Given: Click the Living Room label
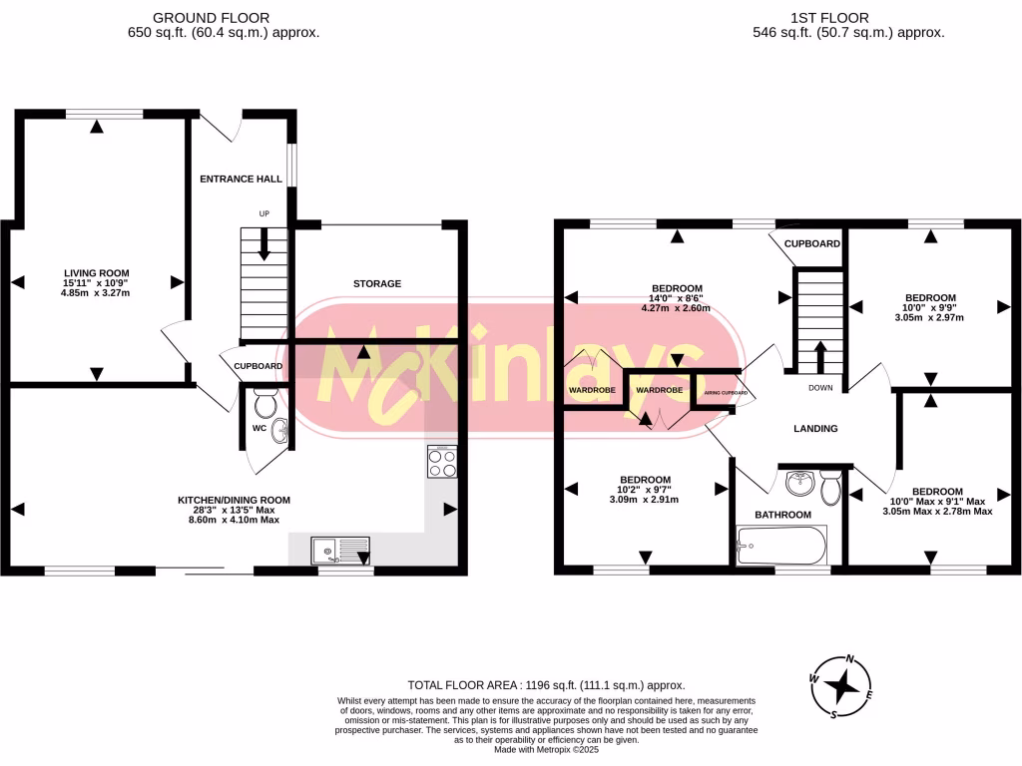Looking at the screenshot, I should [97, 273].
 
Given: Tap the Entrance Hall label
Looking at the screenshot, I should [242, 180].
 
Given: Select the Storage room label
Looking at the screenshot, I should [377, 284].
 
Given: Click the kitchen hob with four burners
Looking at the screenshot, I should [442, 462].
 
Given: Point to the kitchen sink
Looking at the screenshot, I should [339, 551].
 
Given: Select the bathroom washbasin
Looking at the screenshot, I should [798, 484].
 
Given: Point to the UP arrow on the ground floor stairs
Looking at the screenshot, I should [264, 242].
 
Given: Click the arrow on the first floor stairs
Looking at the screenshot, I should [820, 355].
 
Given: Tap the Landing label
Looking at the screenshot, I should [815, 429].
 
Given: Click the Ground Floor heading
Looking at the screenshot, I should [224, 18].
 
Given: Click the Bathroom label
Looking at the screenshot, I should [782, 515].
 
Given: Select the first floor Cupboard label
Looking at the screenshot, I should [811, 243].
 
